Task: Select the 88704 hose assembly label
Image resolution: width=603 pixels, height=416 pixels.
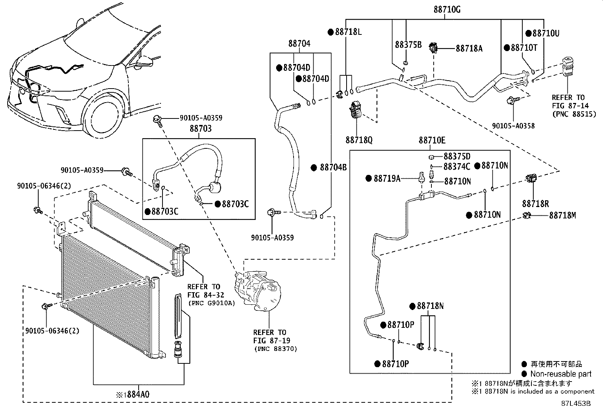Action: click(x=299, y=44)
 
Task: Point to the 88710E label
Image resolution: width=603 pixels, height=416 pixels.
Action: click(x=432, y=140)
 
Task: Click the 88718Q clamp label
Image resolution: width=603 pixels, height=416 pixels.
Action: click(x=358, y=140)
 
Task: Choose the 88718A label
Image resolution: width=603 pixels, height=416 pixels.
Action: click(x=469, y=48)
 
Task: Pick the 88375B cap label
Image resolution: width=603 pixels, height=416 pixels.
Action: click(x=408, y=45)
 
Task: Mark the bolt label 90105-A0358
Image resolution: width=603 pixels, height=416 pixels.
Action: click(x=513, y=126)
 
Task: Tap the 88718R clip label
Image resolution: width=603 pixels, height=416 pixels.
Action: click(x=535, y=204)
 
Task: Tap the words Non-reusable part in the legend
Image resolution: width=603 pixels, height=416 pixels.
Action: click(x=561, y=374)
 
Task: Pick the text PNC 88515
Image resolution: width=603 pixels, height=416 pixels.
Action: click(x=574, y=114)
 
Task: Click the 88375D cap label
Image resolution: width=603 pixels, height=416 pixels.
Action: click(x=457, y=156)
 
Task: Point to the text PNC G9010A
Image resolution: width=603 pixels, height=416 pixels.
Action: click(x=211, y=303)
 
